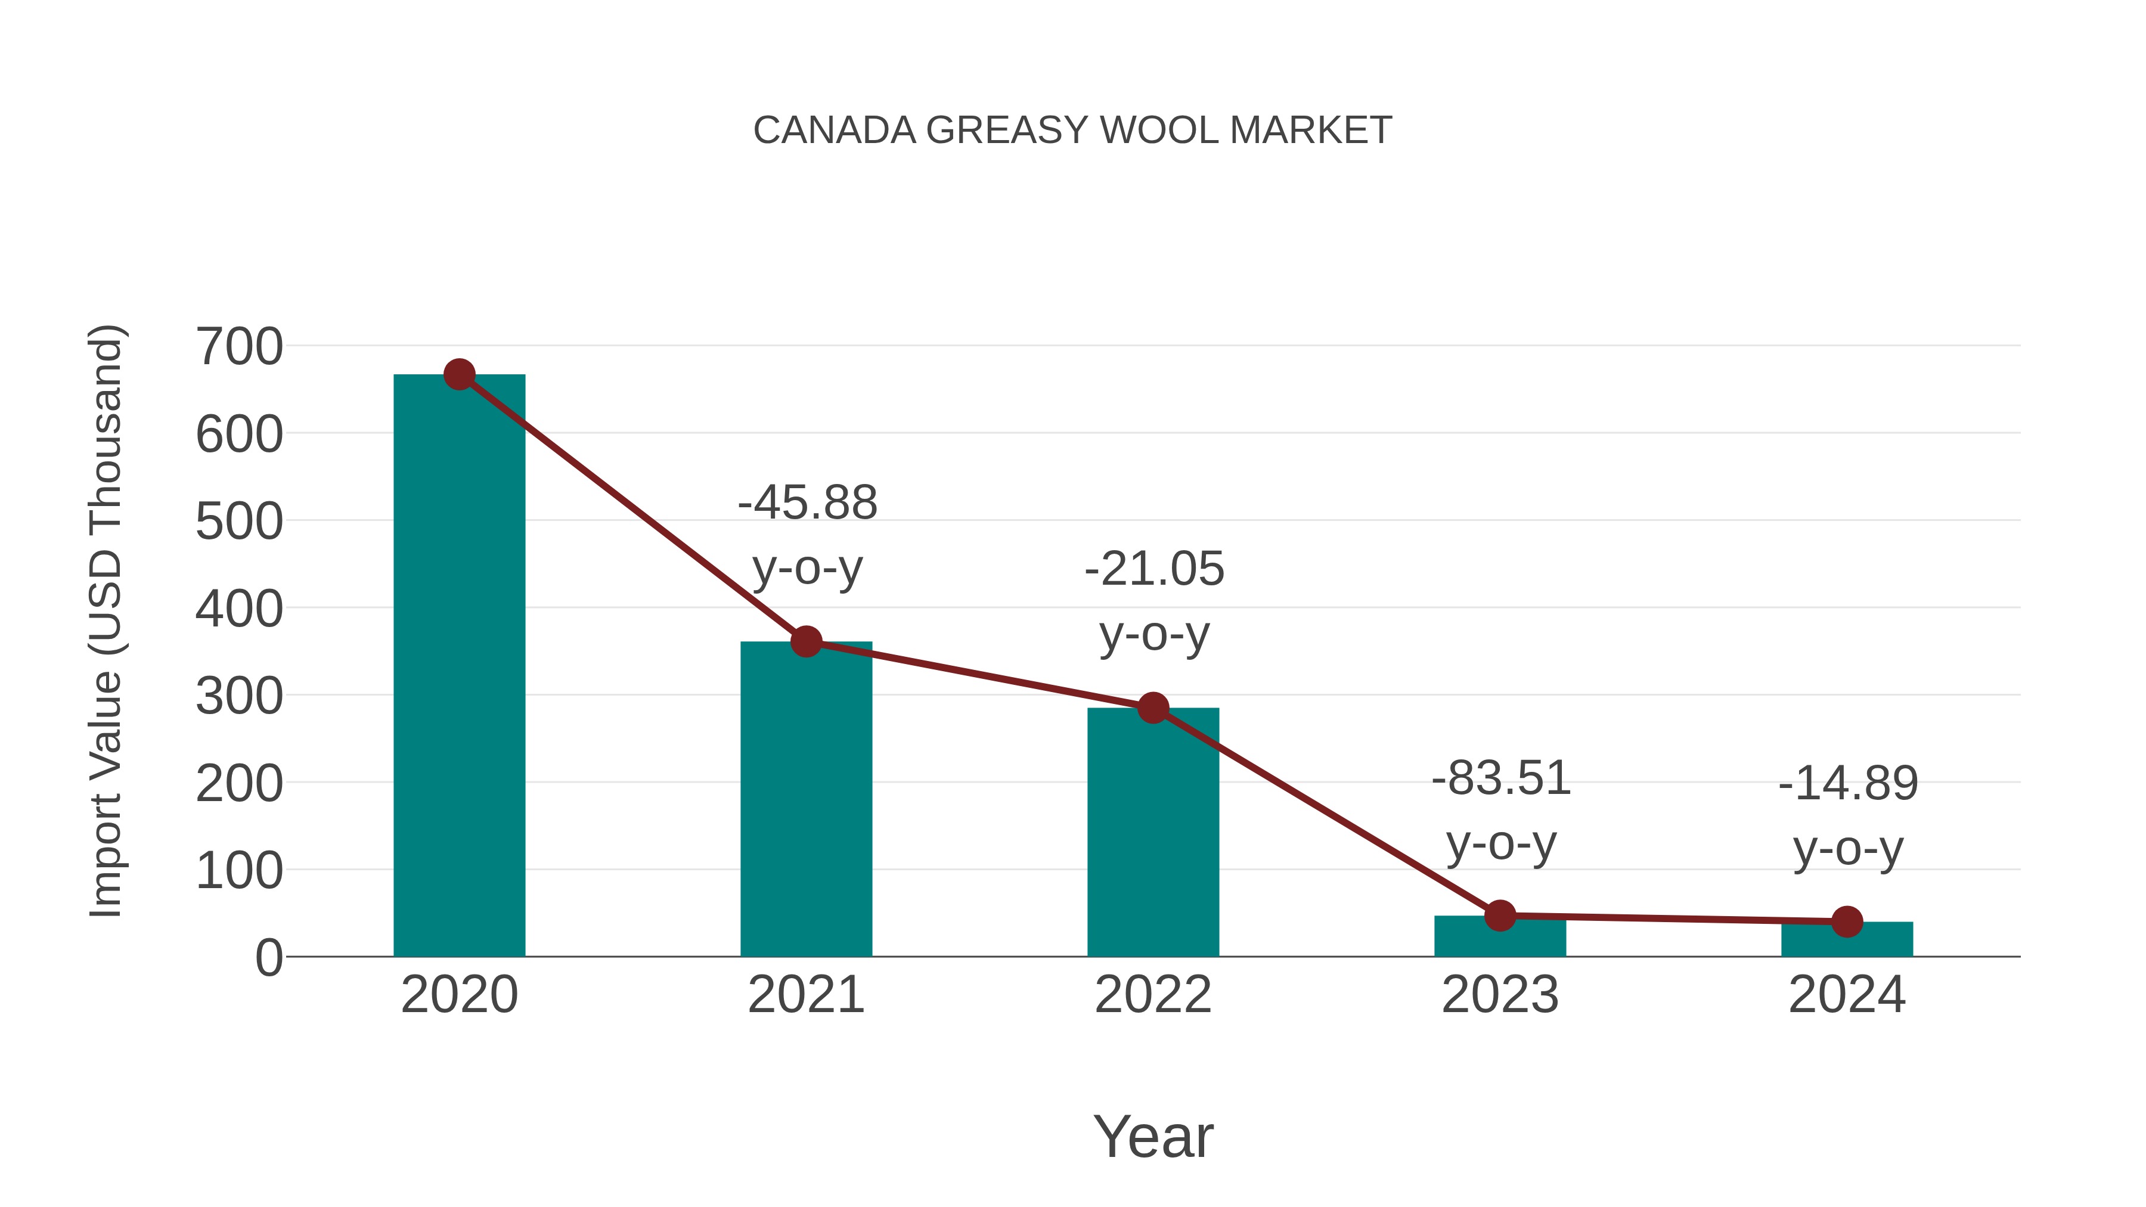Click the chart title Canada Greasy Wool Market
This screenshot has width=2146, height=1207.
pos(1072,131)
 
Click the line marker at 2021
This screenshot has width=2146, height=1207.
pos(805,641)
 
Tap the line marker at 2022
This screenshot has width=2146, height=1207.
pos(1152,708)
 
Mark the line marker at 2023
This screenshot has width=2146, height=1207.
pos(1500,916)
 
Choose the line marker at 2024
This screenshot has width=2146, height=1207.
pos(1846,921)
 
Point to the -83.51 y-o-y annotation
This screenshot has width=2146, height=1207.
pos(1500,811)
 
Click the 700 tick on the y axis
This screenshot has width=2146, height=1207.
pos(239,346)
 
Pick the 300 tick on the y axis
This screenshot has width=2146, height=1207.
pos(239,696)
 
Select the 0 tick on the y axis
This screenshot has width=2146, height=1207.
pos(268,957)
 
